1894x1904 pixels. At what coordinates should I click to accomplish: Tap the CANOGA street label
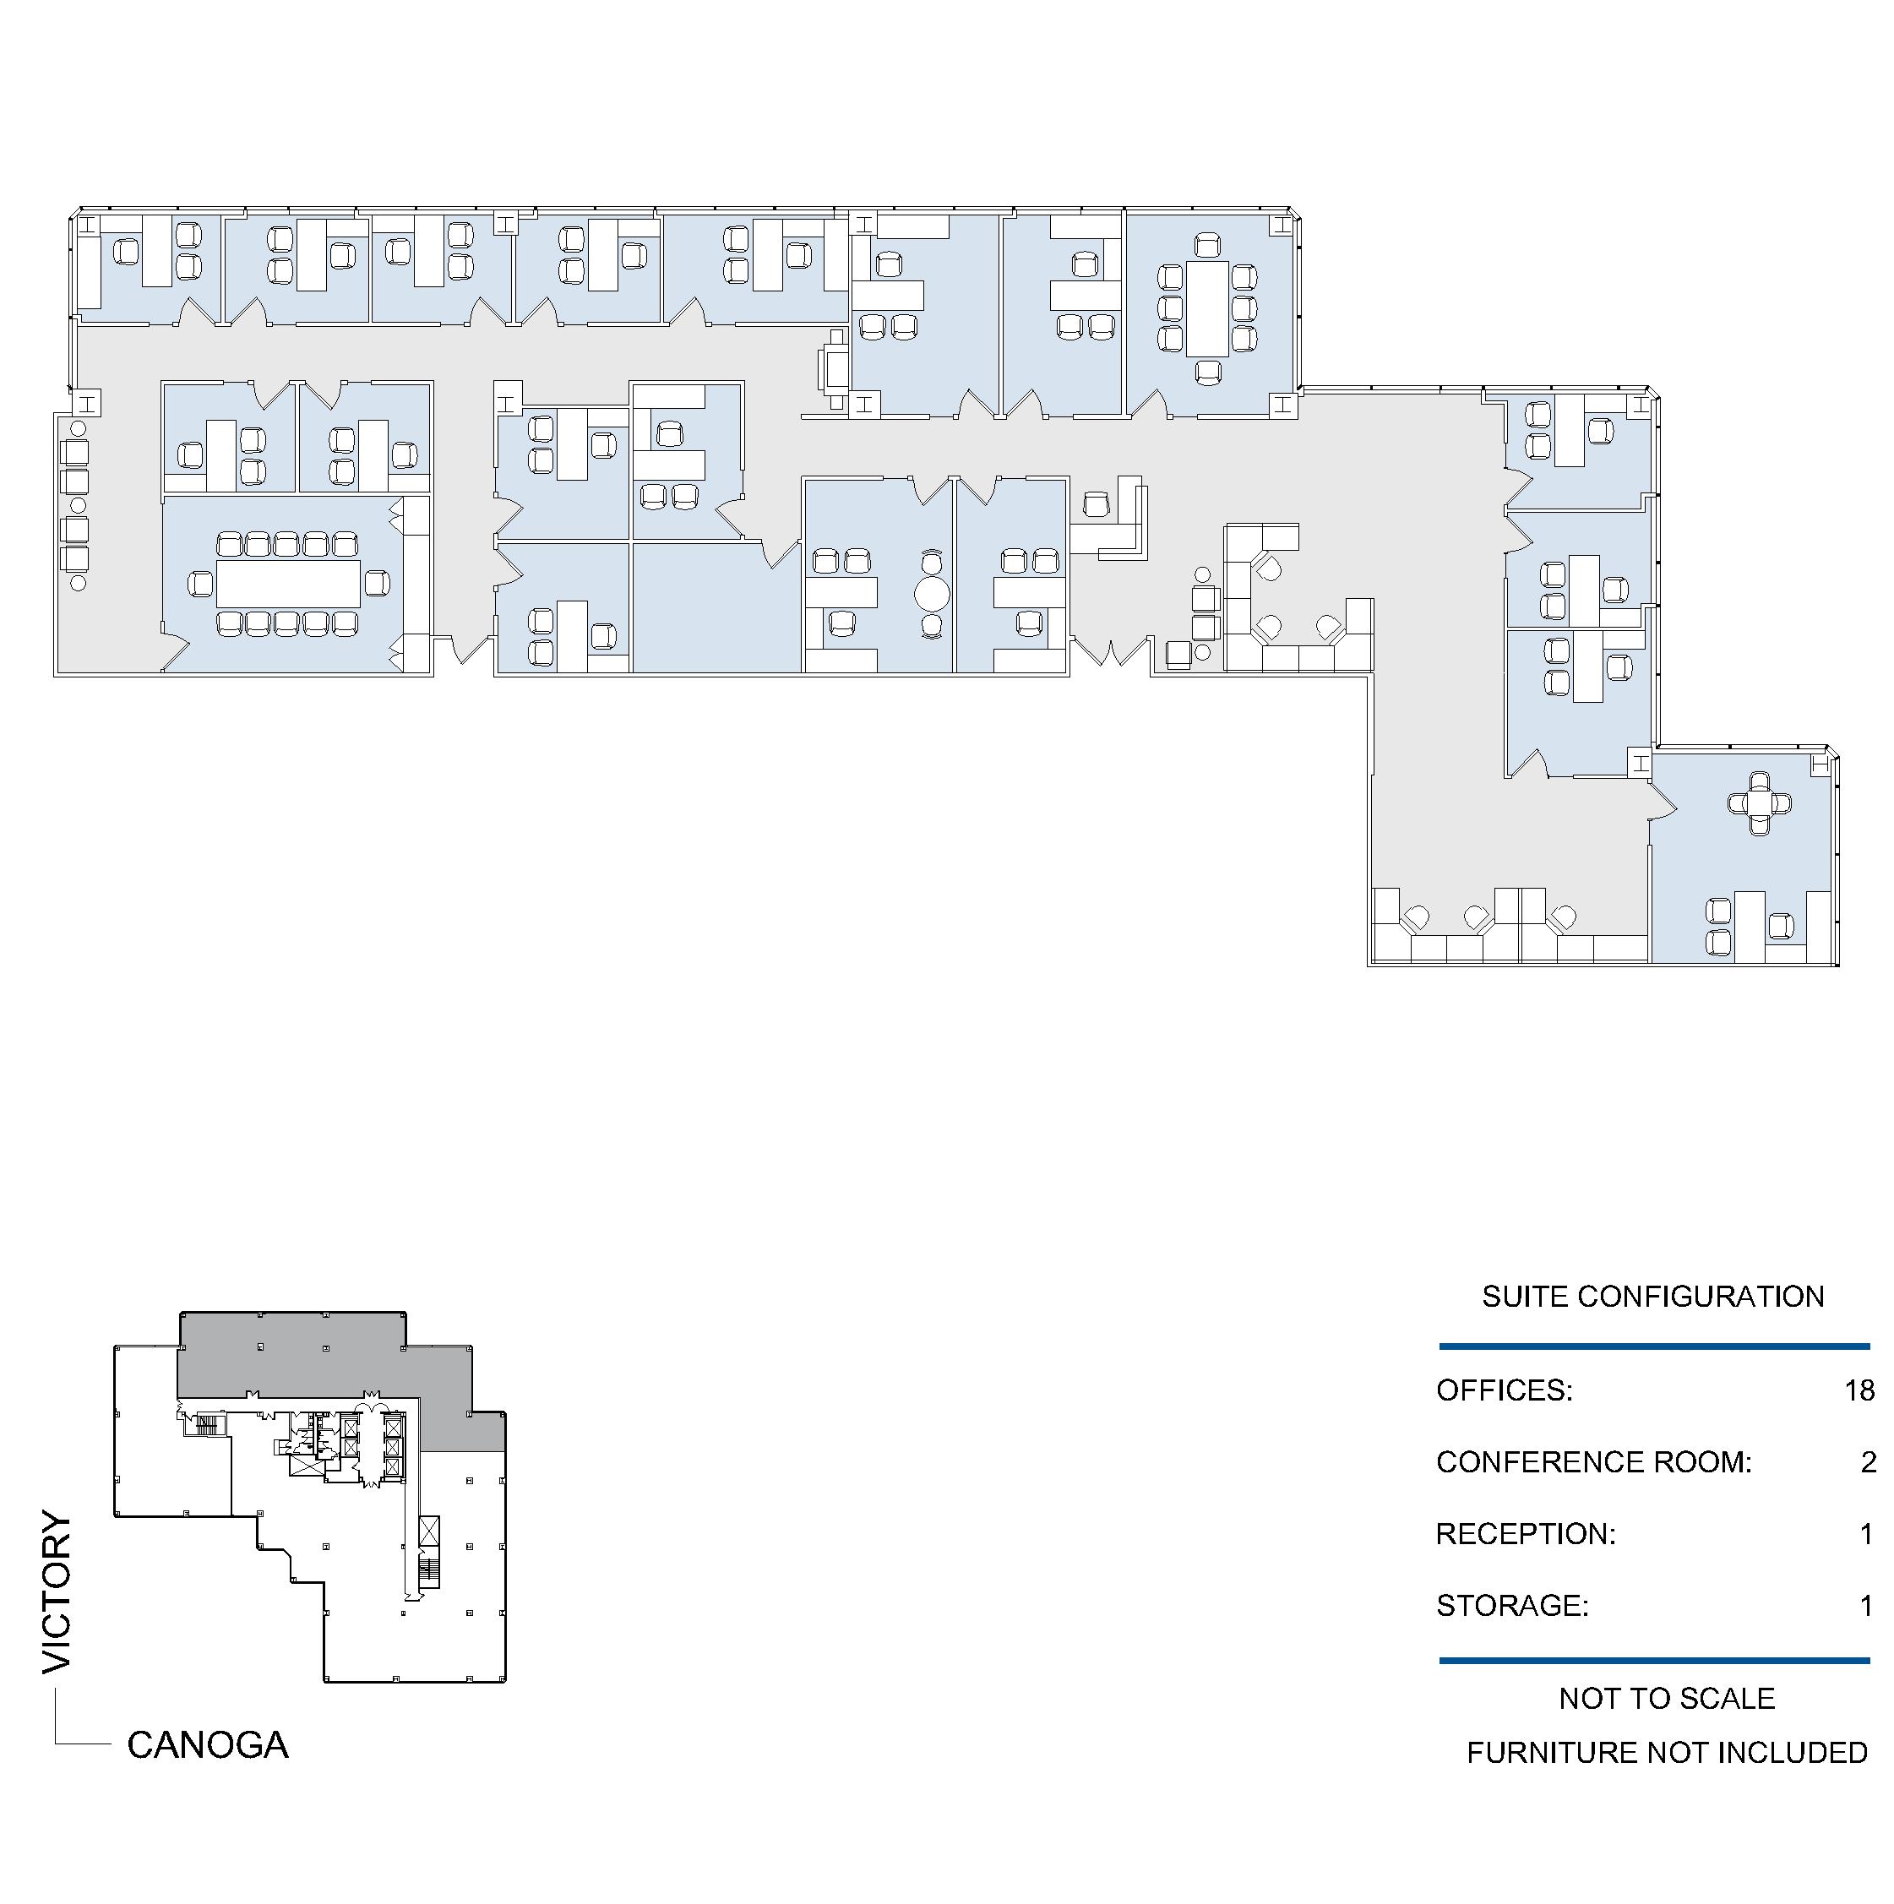pyautogui.click(x=208, y=1745)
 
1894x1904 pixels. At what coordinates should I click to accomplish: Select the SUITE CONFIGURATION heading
pyautogui.click(x=1652, y=1296)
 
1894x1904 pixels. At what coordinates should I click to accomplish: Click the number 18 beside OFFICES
pyautogui.click(x=1859, y=1390)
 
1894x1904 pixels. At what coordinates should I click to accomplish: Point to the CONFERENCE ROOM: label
pyautogui.click(x=1593, y=1461)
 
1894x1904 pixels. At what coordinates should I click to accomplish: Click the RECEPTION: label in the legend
pyautogui.click(x=1526, y=1533)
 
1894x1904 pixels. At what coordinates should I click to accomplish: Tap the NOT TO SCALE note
pyautogui.click(x=1667, y=1698)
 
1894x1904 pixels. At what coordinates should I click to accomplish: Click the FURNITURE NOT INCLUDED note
pyautogui.click(x=1667, y=1752)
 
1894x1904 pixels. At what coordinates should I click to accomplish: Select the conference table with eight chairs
pyautogui.click(x=1207, y=308)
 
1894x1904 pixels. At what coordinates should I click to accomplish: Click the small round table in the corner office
pyautogui.click(x=1760, y=803)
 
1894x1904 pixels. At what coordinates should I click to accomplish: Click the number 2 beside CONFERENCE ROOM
pyautogui.click(x=1868, y=1461)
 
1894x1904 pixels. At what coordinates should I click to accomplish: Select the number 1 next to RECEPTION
pyautogui.click(x=1865, y=1533)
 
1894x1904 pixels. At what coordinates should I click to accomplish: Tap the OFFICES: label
pyautogui.click(x=1504, y=1390)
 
